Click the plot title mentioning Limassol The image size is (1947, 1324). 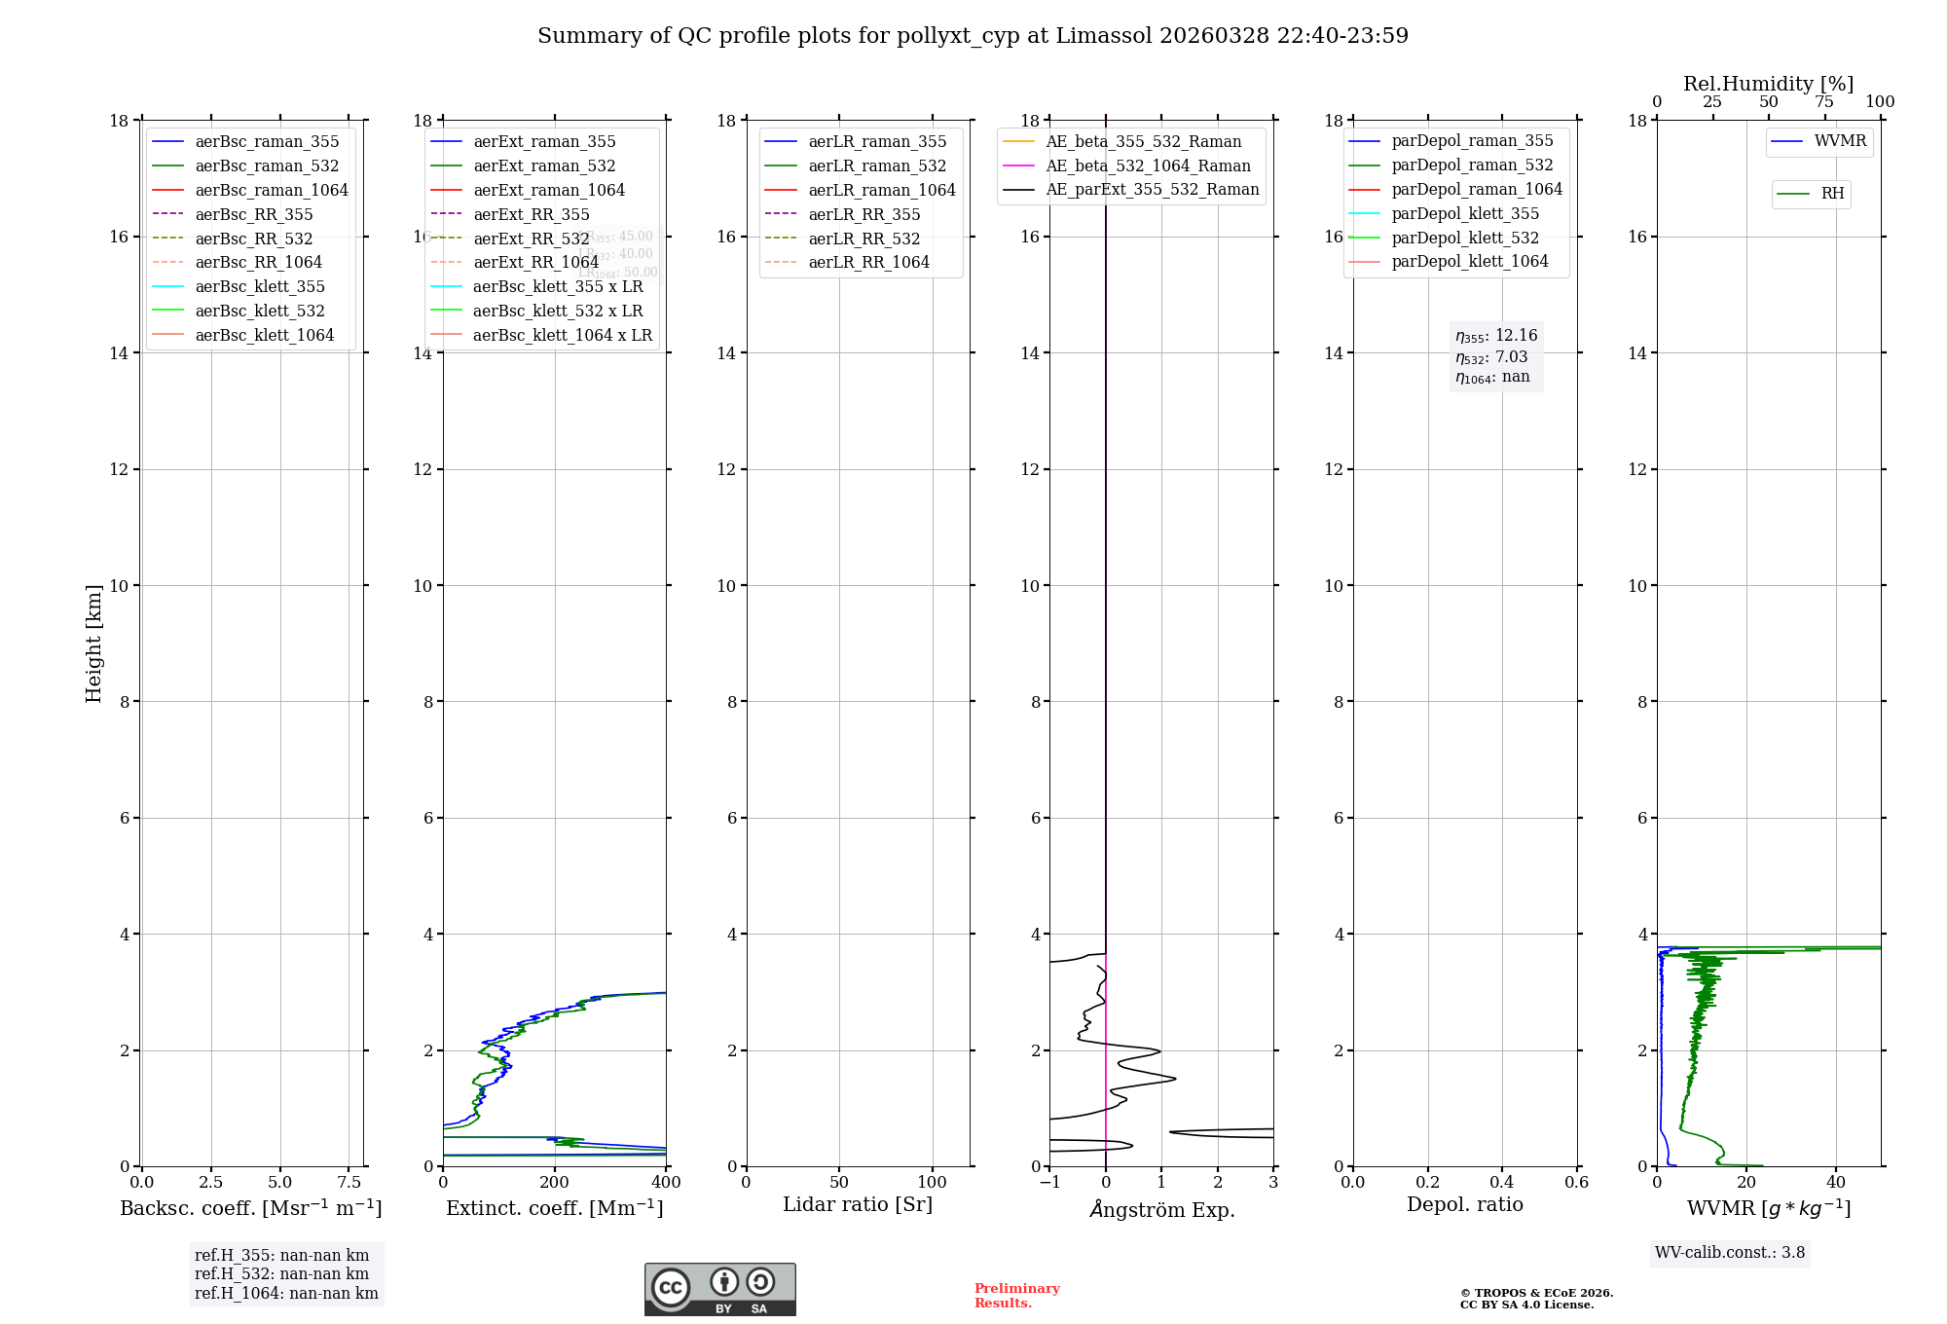[x=973, y=36]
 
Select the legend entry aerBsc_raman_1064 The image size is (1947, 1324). [x=271, y=190]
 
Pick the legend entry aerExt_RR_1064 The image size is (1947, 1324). [x=535, y=262]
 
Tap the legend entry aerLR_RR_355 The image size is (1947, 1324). [x=863, y=214]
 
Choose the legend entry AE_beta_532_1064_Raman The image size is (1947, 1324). [x=1148, y=165]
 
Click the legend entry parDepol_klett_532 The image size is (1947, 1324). [x=1465, y=238]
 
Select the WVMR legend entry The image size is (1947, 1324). [x=1839, y=141]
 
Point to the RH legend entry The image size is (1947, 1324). [x=1832, y=194]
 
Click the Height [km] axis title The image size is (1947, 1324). [x=93, y=643]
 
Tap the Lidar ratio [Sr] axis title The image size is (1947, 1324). [x=858, y=1204]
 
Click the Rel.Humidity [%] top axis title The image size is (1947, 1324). [x=1768, y=84]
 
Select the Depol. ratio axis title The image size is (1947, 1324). [x=1464, y=1204]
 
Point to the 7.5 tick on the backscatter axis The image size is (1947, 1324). [x=349, y=1183]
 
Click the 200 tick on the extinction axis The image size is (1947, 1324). [x=555, y=1183]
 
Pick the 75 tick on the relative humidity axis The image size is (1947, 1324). [x=1824, y=102]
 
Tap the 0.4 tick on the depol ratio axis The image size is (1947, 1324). [x=1502, y=1183]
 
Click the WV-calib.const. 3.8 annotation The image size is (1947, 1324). [x=1730, y=1253]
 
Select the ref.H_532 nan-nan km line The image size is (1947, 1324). [x=281, y=1274]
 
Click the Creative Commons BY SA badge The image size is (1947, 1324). [x=719, y=1289]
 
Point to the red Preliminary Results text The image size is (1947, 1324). [x=1016, y=1296]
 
